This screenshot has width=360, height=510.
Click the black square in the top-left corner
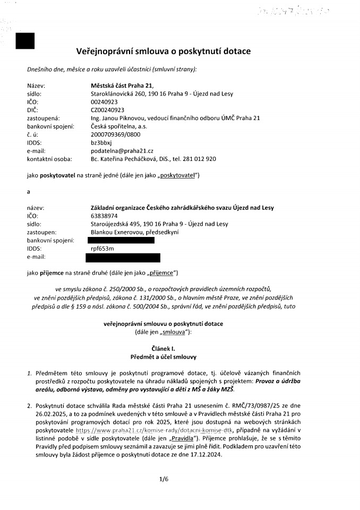tap(25, 41)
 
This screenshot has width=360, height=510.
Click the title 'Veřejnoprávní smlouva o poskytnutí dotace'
tap(164, 51)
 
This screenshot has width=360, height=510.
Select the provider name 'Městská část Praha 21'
tap(122, 86)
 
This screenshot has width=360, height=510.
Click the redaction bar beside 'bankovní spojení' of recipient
tap(123, 240)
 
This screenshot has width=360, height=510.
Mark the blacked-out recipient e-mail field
tap(123, 258)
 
